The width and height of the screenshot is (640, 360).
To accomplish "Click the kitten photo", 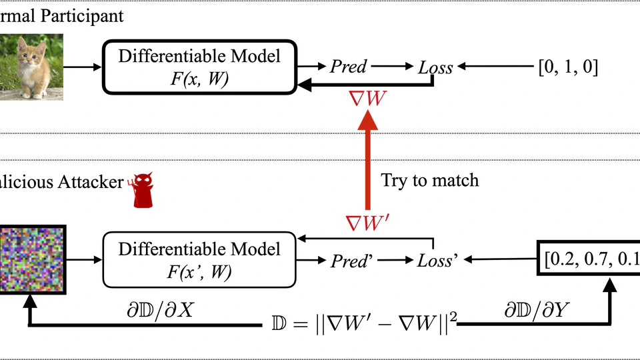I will (x=31, y=66).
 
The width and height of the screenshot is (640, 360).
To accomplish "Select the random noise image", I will (x=31, y=259).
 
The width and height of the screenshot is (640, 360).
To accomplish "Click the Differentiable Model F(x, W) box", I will (x=198, y=67).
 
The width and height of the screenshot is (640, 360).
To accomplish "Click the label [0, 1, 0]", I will (x=567, y=67).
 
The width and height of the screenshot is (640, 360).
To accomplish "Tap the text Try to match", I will (x=429, y=180).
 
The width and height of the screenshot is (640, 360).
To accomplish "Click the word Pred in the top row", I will (x=349, y=67).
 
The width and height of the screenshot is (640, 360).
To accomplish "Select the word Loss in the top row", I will (x=435, y=67).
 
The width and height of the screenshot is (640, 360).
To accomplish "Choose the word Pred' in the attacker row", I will (x=352, y=260).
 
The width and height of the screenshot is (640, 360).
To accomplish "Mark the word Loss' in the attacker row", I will (x=437, y=260).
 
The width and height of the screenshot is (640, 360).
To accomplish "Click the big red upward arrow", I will (x=366, y=160).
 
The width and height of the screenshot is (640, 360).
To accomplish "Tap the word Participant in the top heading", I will (x=85, y=15).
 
